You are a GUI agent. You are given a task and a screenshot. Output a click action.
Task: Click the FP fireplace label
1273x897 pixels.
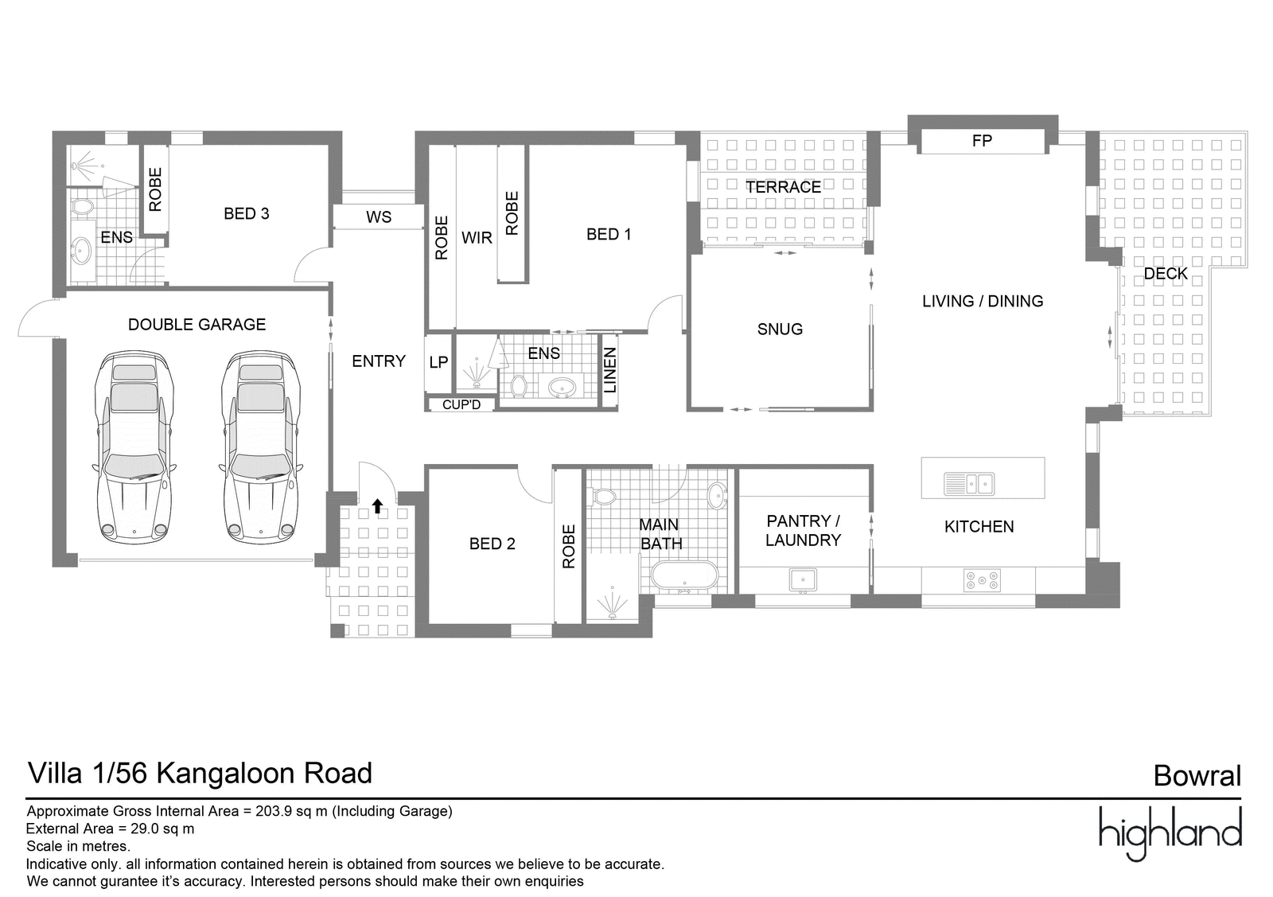tap(982, 140)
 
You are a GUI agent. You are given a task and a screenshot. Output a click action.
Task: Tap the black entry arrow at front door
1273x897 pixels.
tap(377, 506)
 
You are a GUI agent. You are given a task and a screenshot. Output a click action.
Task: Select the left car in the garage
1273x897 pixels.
tap(134, 447)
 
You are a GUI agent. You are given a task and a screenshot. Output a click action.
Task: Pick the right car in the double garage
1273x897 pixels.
tap(261, 447)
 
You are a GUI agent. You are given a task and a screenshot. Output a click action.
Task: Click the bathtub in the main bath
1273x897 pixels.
tap(685, 575)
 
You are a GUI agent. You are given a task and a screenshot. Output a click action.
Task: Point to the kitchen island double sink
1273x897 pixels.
tap(969, 484)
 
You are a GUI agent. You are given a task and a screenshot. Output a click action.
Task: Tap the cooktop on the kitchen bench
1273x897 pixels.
tap(982, 580)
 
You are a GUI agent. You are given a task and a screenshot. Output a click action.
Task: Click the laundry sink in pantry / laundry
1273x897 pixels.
tap(803, 580)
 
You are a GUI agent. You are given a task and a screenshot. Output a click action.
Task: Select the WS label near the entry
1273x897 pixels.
tap(379, 217)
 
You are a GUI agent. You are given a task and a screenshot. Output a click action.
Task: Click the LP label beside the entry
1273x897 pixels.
tap(438, 362)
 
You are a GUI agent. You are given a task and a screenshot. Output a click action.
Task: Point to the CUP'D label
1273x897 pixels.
tap(461, 405)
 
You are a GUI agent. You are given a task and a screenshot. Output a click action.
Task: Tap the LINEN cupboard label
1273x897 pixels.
tap(609, 371)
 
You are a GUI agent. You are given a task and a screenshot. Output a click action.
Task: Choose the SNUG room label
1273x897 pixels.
tap(780, 330)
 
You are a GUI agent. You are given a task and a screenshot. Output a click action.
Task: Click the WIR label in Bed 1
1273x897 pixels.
tap(477, 238)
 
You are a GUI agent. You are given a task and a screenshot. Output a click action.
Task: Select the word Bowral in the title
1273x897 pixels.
tap(1197, 776)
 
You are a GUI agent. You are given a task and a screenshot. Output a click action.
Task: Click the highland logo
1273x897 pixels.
tap(1170, 834)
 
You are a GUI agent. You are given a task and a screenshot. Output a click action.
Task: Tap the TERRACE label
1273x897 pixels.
tap(783, 187)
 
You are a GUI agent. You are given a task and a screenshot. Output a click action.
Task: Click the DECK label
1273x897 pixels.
tap(1166, 274)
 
